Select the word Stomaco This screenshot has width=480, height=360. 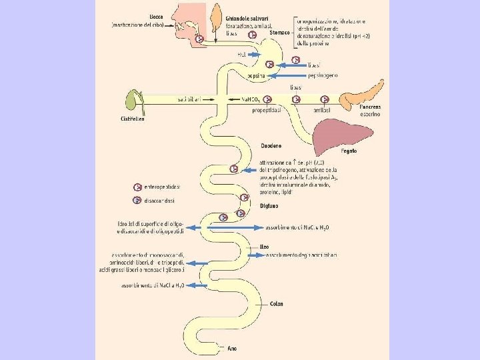pyautogui.click(x=280, y=32)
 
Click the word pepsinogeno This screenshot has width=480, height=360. pyautogui.click(x=323, y=75)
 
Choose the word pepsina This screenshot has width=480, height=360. pyautogui.click(x=255, y=77)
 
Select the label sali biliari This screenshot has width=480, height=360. pyautogui.click(x=190, y=99)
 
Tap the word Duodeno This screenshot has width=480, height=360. pyautogui.click(x=271, y=145)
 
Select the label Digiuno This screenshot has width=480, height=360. pyautogui.click(x=269, y=206)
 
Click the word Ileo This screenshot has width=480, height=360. pyautogui.click(x=263, y=246)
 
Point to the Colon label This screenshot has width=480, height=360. pyautogui.click(x=276, y=304)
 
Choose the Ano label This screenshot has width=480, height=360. pyautogui.click(x=232, y=348)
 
